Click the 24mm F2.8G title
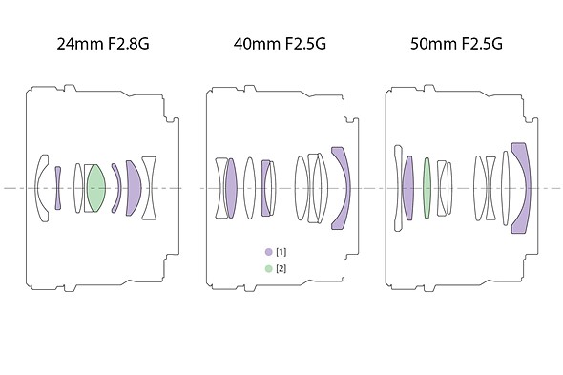(x=103, y=44)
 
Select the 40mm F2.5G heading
(x=280, y=44)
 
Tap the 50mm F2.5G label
(x=456, y=44)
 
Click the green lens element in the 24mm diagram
(x=96, y=188)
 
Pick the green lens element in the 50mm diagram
(x=427, y=188)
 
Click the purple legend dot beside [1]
(x=268, y=252)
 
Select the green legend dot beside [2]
(x=268, y=268)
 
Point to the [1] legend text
(x=281, y=252)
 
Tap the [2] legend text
(x=281, y=268)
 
